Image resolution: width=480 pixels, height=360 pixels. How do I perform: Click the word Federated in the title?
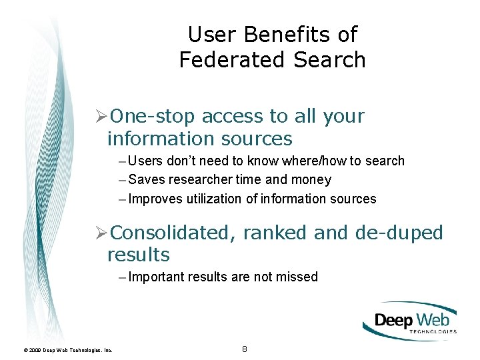click(223, 59)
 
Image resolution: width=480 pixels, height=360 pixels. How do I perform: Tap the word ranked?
click(275, 233)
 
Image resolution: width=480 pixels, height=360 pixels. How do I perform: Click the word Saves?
click(145, 179)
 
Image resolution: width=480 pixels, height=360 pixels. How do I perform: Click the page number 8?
click(245, 349)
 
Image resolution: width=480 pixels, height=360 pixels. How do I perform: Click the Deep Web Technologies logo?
click(410, 321)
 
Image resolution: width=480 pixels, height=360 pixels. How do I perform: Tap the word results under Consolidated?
click(139, 255)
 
